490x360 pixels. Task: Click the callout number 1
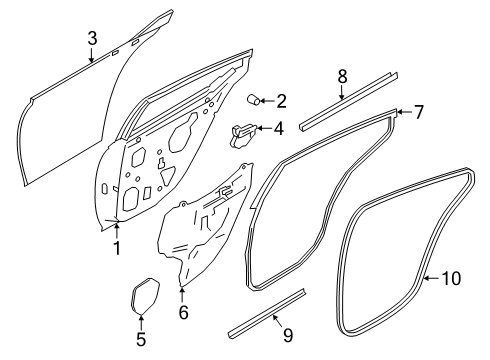[x=117, y=247]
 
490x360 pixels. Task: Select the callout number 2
[x=281, y=101]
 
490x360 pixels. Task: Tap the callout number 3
[x=91, y=38]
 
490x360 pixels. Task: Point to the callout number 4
[x=279, y=128]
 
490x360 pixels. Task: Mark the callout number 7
[x=419, y=112]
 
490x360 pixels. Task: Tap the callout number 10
[x=451, y=278]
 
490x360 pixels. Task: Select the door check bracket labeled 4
[x=245, y=131]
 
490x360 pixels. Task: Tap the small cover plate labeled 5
[x=146, y=295]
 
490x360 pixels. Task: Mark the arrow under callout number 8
[x=341, y=92]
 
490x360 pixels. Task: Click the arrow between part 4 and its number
[x=265, y=128]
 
